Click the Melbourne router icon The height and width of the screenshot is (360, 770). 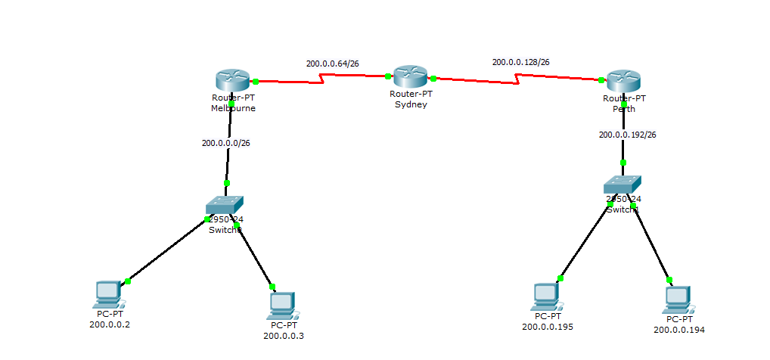pos(231,80)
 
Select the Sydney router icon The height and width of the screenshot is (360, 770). pos(411,76)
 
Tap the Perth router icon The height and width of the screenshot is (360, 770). pos(623,80)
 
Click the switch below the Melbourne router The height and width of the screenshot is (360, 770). pos(225,205)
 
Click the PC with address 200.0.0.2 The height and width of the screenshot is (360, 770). pos(109,292)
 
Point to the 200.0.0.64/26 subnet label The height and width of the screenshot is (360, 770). pos(332,64)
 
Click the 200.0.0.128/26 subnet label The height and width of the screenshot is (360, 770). pos(520,62)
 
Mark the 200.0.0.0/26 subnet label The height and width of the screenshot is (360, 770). pos(225,142)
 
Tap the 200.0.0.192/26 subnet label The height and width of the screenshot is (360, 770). pos(627,135)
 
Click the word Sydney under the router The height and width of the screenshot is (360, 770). pos(411,104)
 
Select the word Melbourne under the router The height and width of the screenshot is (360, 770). pos(233,108)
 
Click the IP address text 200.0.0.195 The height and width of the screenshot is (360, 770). pos(547,327)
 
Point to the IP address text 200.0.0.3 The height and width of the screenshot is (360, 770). pos(284,335)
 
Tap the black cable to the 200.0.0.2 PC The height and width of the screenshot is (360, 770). pos(166,250)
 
